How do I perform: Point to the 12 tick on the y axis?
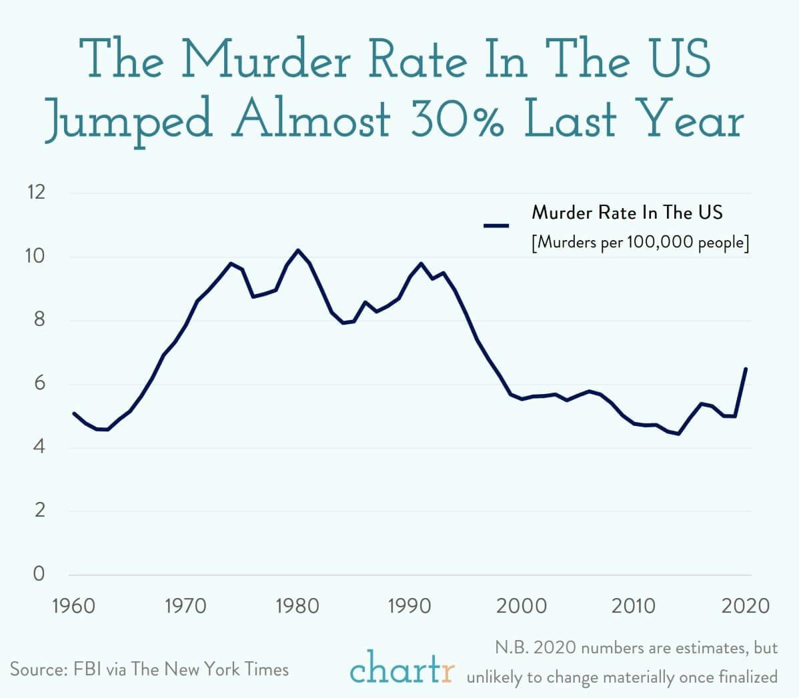point(35,193)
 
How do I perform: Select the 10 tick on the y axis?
point(35,257)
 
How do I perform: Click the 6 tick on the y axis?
point(39,383)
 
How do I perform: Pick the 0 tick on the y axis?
point(39,573)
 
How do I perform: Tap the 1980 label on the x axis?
point(297,606)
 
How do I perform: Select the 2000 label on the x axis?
point(522,606)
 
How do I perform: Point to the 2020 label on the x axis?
point(746,606)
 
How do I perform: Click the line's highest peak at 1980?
point(297,250)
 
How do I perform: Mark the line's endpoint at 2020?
point(746,368)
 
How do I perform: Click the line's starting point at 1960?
point(73,413)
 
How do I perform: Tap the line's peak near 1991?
point(421,263)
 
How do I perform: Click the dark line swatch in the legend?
point(496,225)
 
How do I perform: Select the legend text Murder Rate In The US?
point(627,213)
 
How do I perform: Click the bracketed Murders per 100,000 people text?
point(640,242)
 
